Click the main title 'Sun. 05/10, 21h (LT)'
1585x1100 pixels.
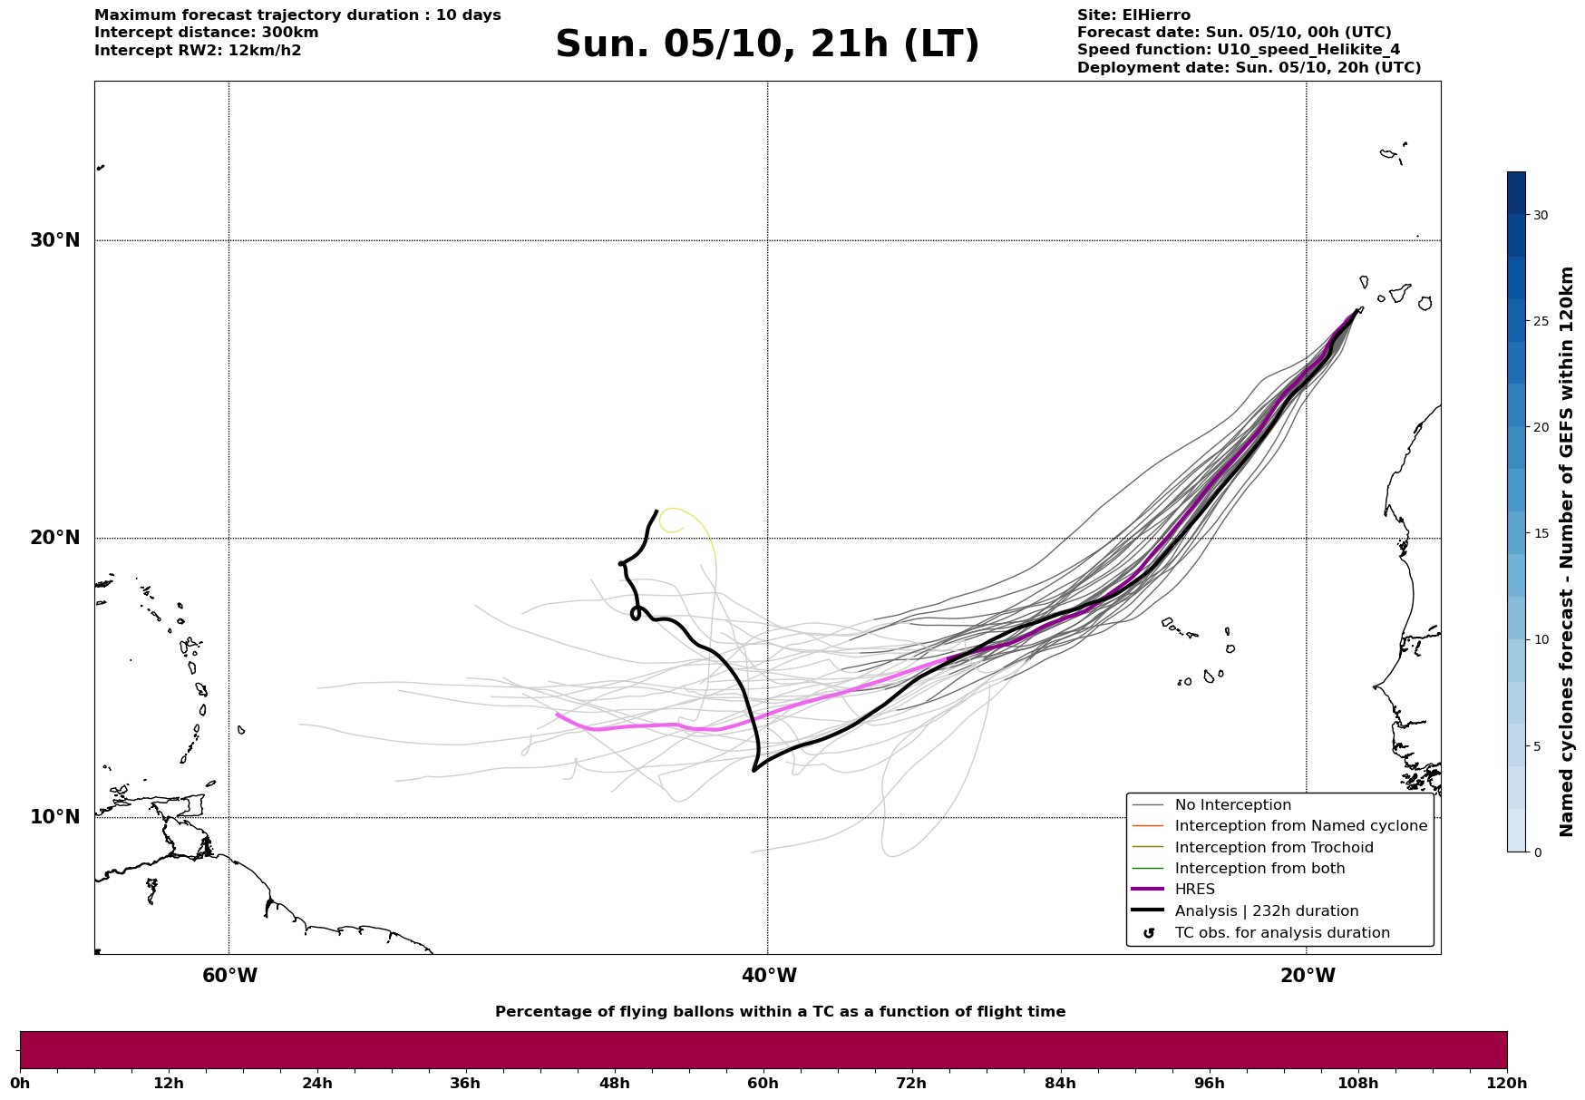767,44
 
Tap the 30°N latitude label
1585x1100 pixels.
54,240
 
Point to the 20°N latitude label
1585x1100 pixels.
54,538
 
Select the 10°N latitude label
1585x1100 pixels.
54,817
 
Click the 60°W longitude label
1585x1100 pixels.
229,976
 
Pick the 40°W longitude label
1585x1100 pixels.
769,976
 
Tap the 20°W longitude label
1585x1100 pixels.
1308,976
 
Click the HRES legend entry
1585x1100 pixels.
1194,890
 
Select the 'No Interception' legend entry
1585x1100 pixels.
1232,805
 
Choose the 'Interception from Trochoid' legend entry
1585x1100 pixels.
1273,848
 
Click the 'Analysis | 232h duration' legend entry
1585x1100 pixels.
1266,911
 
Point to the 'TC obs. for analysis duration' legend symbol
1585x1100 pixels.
1149,933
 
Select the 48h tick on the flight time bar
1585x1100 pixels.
614,1083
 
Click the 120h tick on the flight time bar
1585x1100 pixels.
1507,1083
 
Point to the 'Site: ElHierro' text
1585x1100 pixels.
1133,15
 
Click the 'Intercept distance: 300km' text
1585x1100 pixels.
206,33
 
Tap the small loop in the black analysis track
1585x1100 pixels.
636,614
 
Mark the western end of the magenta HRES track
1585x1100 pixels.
558,715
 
